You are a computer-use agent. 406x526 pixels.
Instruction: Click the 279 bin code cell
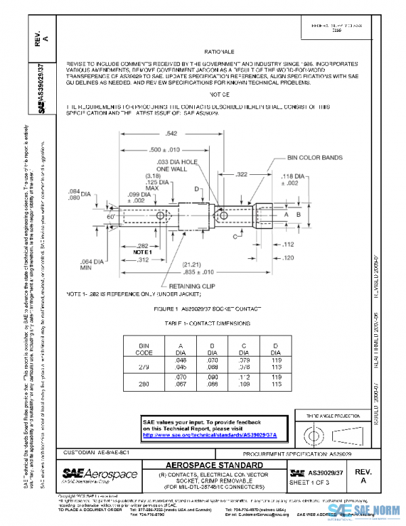(143, 365)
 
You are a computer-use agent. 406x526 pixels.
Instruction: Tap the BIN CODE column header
(143, 348)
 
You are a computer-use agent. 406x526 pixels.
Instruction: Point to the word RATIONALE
(220, 52)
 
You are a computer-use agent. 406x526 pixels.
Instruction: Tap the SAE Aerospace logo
(100, 474)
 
